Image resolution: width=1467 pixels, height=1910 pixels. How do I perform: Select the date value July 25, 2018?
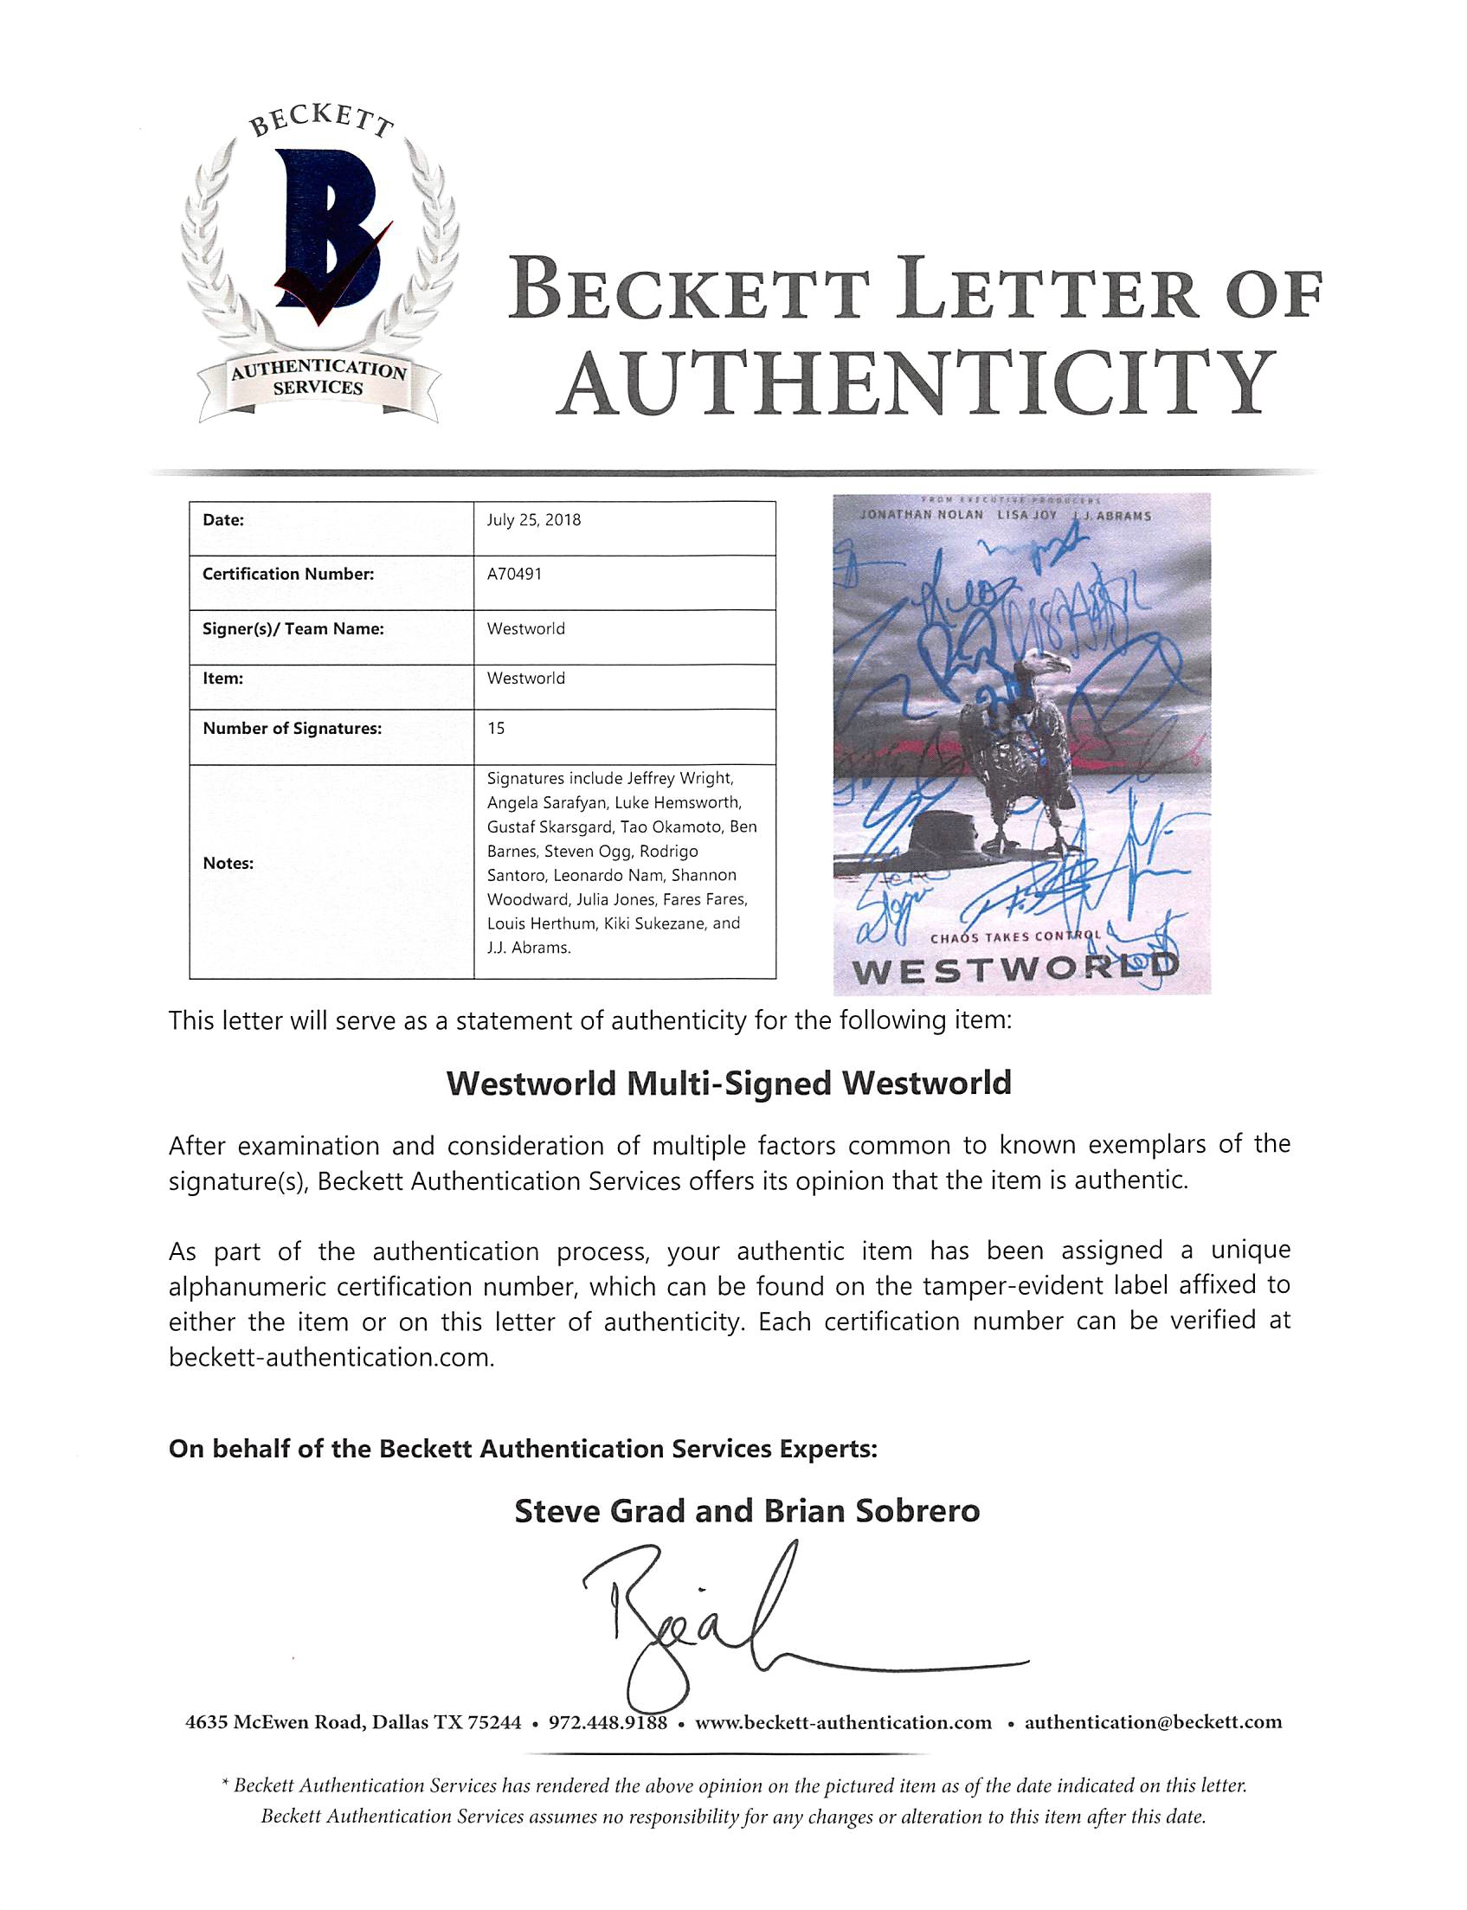(533, 520)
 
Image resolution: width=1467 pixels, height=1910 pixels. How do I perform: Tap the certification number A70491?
(514, 575)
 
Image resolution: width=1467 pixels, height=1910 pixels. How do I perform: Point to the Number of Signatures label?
(292, 728)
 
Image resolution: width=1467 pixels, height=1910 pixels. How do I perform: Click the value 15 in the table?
(496, 728)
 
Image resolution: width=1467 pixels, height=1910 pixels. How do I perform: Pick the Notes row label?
(228, 864)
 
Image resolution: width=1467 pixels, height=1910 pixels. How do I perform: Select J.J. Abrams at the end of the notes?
(528, 948)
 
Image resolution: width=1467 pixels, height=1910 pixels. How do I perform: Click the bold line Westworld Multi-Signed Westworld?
(728, 1084)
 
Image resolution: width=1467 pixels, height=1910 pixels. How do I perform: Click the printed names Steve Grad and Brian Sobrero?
(747, 1511)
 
